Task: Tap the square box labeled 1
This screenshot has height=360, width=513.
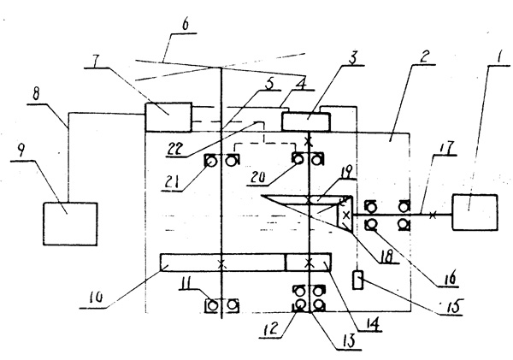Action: point(475,213)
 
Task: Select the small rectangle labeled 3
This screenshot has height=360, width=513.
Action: point(307,120)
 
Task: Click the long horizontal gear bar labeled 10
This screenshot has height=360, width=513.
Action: point(222,263)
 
